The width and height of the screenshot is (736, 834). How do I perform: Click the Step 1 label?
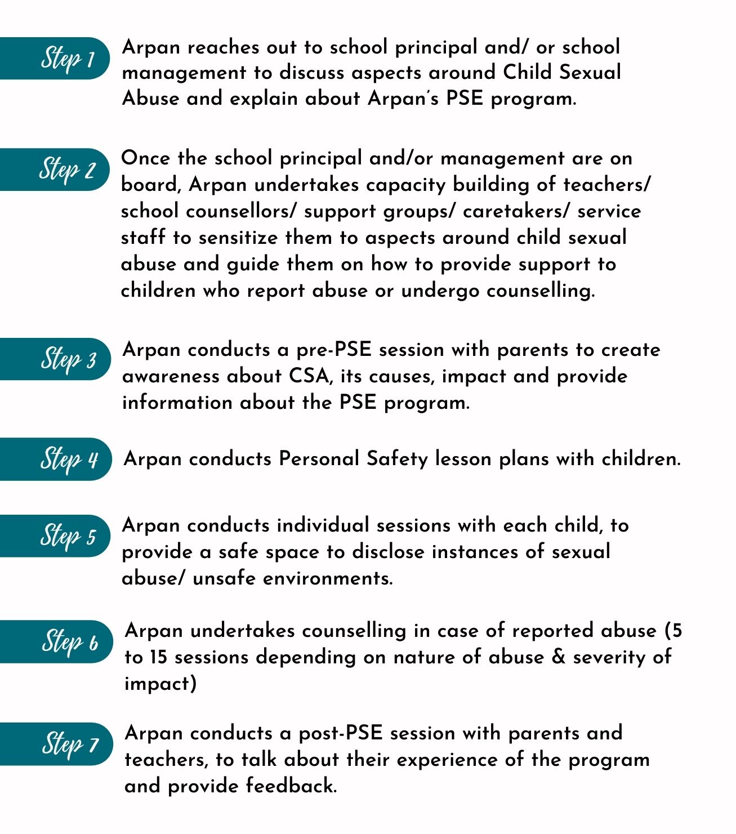(67, 59)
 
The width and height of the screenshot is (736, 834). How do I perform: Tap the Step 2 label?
(67, 170)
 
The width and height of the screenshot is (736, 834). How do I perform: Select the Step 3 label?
(68, 359)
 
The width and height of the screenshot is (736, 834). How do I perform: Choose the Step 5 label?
(68, 536)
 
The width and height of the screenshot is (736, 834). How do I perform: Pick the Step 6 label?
(69, 641)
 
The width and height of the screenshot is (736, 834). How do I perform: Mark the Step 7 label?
(70, 744)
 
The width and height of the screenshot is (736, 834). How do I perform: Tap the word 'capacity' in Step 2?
(405, 185)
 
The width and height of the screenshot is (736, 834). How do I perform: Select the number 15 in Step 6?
(159, 657)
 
